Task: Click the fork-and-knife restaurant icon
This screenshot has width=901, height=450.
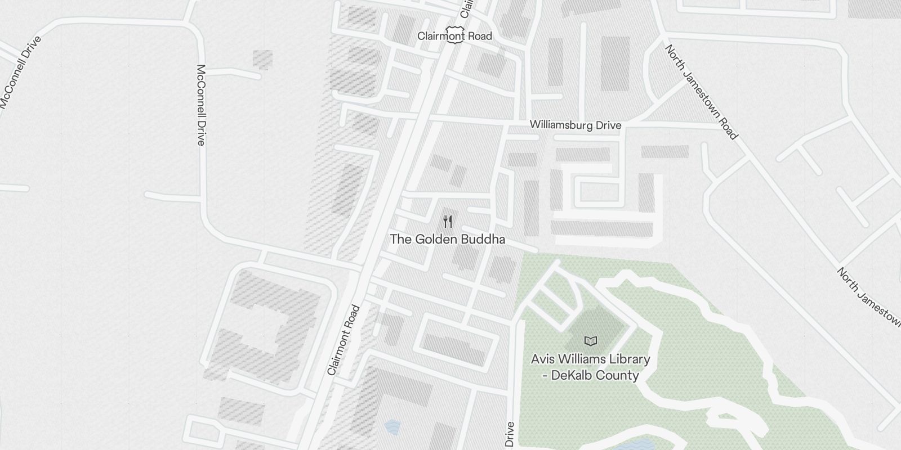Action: coord(448,221)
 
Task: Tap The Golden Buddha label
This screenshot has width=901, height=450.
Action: coord(448,239)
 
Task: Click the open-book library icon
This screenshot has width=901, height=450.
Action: coord(590,341)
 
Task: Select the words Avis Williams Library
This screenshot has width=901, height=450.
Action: coord(590,359)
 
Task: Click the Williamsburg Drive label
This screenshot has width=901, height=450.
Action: coord(576,125)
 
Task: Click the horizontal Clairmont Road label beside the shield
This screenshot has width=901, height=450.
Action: coord(454,36)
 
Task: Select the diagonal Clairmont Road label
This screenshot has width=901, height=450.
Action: coord(344,340)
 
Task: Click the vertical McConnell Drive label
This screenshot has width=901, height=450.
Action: coord(201,105)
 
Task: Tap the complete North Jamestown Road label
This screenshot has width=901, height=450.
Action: coord(701,92)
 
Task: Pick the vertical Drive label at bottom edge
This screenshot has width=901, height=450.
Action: coord(510,434)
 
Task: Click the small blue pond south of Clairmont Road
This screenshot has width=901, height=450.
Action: coord(392,427)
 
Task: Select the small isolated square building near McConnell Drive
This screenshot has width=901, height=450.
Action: coord(262,60)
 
